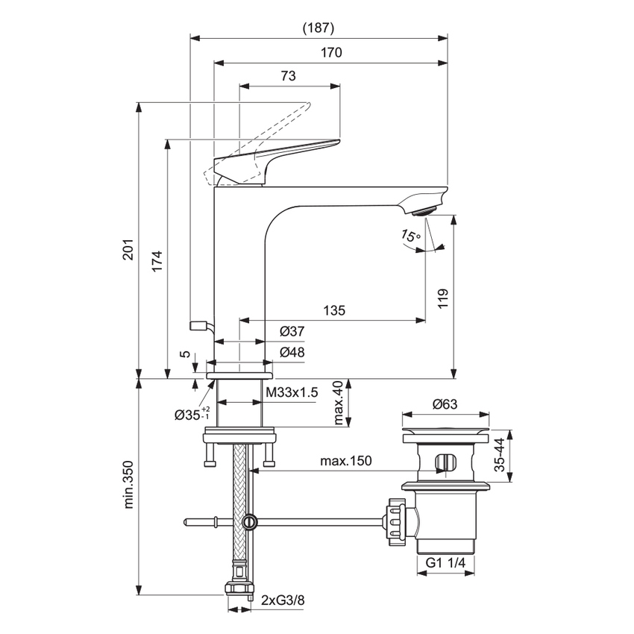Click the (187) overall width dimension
pyautogui.click(x=318, y=28)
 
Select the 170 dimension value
pyautogui.click(x=331, y=53)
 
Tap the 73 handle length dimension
pyautogui.click(x=289, y=76)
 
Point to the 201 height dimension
pyautogui.click(x=128, y=252)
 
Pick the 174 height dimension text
pyautogui.click(x=155, y=260)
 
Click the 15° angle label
pyautogui.click(x=410, y=236)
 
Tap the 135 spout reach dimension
pyautogui.click(x=333, y=310)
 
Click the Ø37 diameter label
pyautogui.click(x=291, y=331)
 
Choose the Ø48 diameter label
pyautogui.click(x=291, y=352)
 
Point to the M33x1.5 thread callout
pyautogui.click(x=292, y=392)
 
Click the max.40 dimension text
pyautogui.click(x=338, y=404)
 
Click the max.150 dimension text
pyautogui.click(x=345, y=461)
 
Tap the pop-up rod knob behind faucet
pyautogui.click(x=198, y=325)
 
